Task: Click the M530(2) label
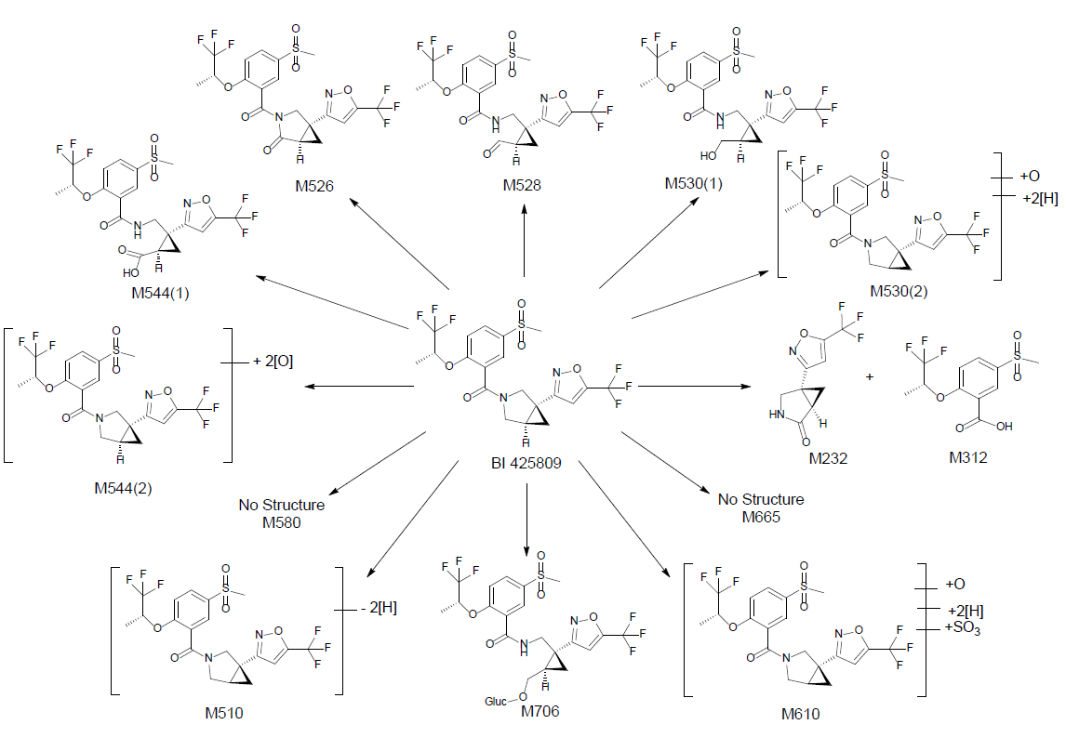[x=899, y=292]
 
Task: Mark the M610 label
[x=802, y=714]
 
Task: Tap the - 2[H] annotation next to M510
[x=378, y=608]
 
